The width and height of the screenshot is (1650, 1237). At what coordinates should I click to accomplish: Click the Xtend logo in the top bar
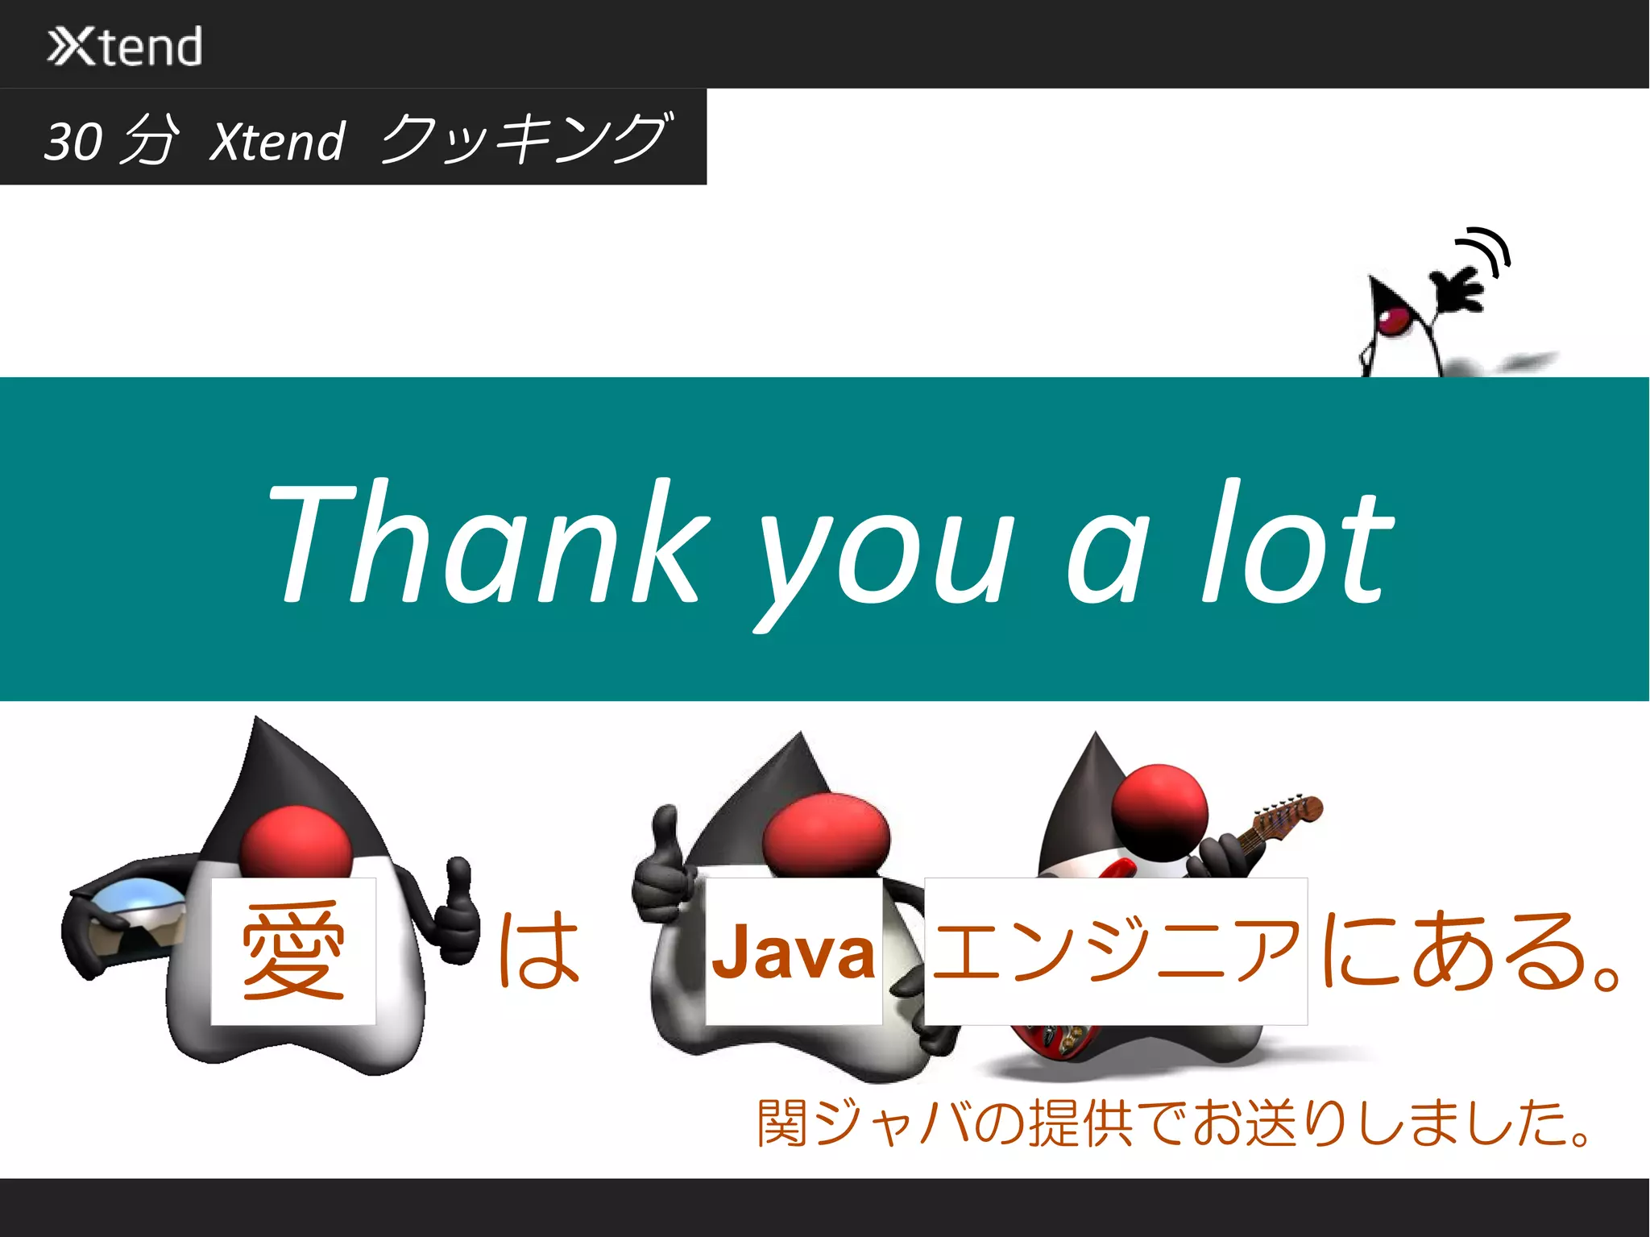[x=125, y=46]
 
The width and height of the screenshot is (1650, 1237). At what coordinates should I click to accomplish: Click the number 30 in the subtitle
[x=73, y=141]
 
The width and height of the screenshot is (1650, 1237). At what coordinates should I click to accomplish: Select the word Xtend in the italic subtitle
[x=278, y=142]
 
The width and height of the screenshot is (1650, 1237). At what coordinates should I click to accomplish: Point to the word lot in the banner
[x=1297, y=542]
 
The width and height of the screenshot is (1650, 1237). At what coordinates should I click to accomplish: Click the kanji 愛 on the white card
[x=293, y=952]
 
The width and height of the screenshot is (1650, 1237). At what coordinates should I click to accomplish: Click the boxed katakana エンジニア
[x=1116, y=951]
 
